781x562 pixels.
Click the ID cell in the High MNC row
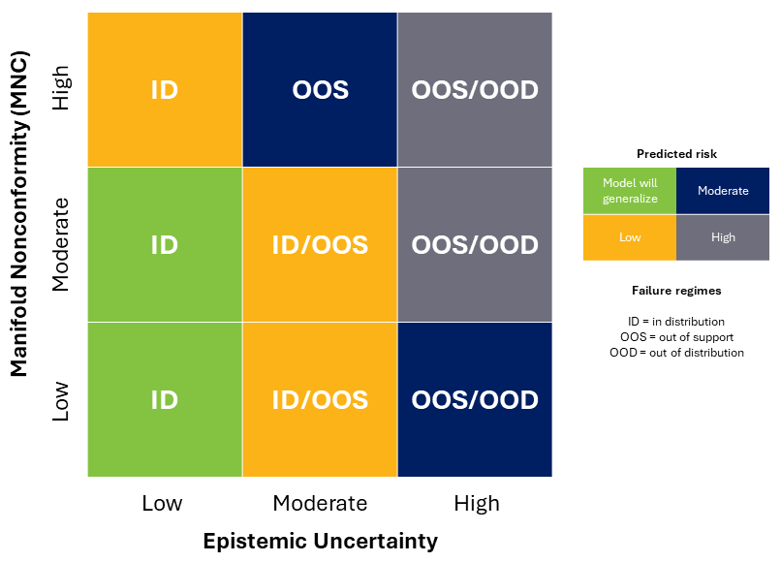coord(165,90)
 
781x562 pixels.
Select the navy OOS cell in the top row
coord(320,90)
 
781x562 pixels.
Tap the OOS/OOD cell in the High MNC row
coord(475,90)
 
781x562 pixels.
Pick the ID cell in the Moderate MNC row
coord(165,244)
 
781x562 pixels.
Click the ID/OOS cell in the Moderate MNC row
coord(320,244)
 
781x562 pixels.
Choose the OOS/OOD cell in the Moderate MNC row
coord(475,244)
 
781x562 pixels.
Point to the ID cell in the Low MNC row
coord(165,399)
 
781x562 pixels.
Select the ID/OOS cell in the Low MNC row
coord(320,399)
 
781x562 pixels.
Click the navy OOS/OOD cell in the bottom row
coord(475,399)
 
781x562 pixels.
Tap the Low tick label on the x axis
coord(162,503)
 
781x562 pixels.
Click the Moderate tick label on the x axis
coord(320,503)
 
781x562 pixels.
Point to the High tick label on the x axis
coord(476,503)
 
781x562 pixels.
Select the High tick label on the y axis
coord(61,89)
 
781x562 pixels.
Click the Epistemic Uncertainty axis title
coord(320,541)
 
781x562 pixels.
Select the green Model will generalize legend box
coord(630,191)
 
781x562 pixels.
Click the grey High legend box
coord(723,237)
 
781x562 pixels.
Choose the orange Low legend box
coord(630,237)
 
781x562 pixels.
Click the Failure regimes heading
coord(676,290)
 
